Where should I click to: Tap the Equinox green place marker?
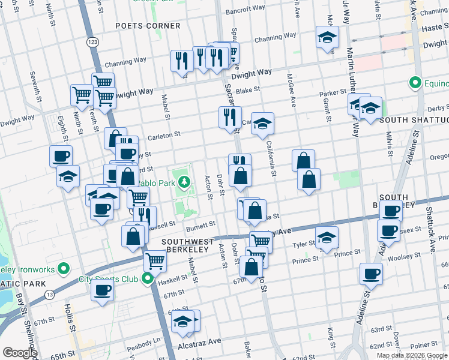414,82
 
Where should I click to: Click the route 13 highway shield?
49,294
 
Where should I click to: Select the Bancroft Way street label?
245,10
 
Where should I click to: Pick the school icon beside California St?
262,124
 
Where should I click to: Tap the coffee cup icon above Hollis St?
102,292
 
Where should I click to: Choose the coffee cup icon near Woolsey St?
372,275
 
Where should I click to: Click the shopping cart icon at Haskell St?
155,261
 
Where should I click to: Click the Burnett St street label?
200,226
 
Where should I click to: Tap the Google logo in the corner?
19,353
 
